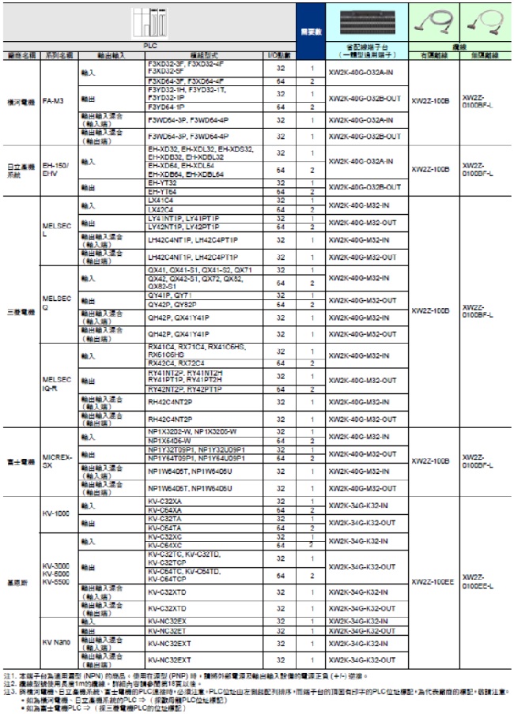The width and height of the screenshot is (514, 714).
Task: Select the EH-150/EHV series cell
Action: pos(53,169)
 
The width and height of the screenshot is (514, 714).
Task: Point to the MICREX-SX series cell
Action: pos(55,460)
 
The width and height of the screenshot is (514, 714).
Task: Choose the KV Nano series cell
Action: pos(55,642)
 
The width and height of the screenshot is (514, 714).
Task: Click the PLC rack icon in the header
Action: pos(149,21)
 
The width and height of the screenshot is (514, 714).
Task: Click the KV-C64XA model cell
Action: pos(164,510)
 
